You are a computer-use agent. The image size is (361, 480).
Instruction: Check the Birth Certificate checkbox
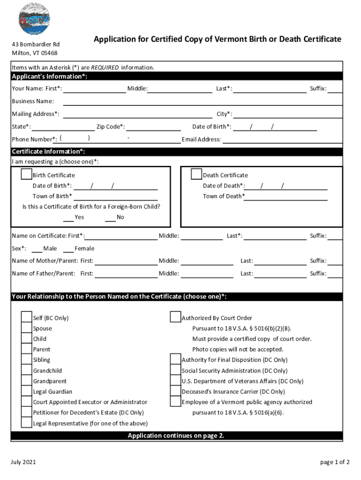[26, 174]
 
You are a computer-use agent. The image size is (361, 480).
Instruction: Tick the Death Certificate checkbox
[196, 174]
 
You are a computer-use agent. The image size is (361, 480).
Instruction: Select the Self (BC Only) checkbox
[26, 317]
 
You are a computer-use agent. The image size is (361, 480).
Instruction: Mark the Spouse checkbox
[26, 328]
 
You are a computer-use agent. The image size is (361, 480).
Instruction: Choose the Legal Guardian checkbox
[26, 391]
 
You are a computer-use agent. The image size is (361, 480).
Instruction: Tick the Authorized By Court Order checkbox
[175, 317]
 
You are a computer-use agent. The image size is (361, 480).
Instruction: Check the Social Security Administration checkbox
[175, 370]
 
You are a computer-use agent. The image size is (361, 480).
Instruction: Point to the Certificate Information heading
[48, 151]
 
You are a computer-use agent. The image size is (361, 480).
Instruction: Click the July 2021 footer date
[23, 462]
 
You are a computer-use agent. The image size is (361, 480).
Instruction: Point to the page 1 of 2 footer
[335, 462]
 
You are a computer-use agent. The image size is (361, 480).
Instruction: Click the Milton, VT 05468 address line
[35, 53]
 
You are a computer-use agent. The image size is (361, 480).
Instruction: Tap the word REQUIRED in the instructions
[105, 67]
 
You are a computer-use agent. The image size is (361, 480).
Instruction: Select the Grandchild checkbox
[26, 370]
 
